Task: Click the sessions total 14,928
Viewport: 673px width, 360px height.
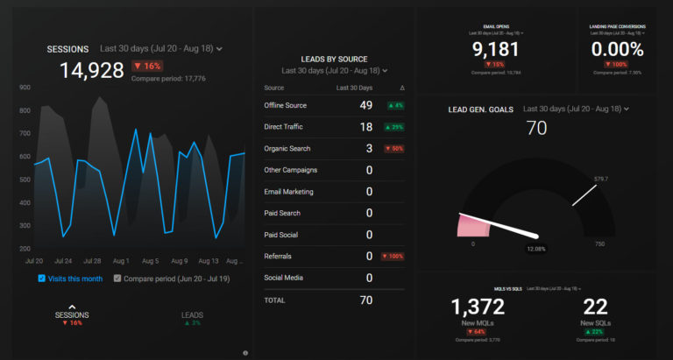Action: click(x=91, y=71)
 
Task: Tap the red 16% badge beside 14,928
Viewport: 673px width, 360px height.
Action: click(x=146, y=66)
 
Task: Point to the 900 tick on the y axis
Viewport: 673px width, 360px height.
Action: click(x=25, y=88)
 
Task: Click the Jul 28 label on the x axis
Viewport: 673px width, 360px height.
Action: click(x=91, y=261)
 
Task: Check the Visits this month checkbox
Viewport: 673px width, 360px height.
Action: click(x=42, y=279)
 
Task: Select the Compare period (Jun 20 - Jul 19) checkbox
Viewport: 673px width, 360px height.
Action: click(x=117, y=279)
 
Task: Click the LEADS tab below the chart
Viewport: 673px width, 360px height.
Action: click(x=192, y=314)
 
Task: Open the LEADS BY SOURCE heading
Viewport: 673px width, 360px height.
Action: click(x=334, y=58)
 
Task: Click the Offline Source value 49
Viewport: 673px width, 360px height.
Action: click(x=365, y=105)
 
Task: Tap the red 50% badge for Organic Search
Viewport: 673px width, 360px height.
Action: click(x=393, y=148)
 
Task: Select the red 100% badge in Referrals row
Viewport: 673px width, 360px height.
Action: click(x=392, y=257)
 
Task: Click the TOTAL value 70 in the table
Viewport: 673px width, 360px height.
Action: click(x=365, y=300)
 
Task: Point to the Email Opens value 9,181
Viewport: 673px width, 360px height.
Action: click(x=495, y=49)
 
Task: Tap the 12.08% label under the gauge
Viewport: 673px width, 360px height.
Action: click(x=536, y=250)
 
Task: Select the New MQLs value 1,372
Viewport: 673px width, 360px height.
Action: click(x=478, y=307)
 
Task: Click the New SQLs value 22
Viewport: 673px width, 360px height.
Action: click(x=596, y=307)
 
